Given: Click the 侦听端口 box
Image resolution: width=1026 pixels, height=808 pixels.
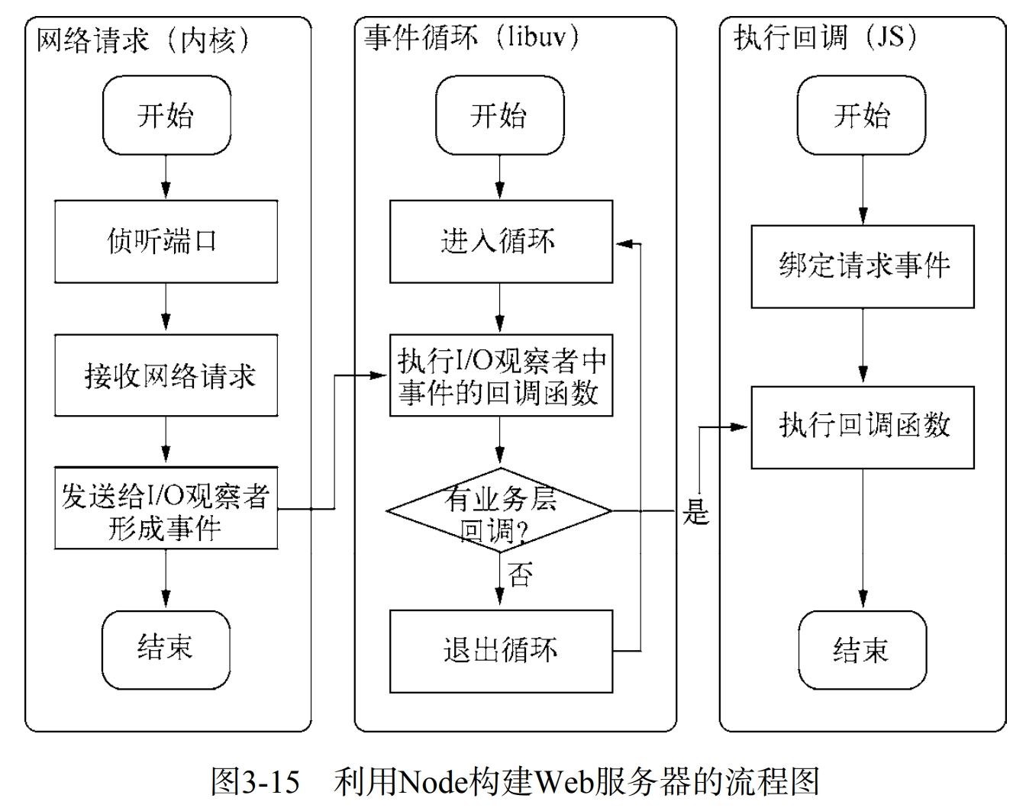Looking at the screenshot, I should [x=166, y=242].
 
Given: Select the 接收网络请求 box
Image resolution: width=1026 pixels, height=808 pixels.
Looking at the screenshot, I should [x=166, y=375].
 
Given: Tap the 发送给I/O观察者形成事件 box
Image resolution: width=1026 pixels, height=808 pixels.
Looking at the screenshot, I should [x=166, y=510].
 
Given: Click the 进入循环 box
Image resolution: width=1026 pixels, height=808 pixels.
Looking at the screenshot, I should [x=501, y=242].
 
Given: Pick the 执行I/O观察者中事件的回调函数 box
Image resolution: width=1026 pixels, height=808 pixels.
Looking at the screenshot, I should [x=501, y=376].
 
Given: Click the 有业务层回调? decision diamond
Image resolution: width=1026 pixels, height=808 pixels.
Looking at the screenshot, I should [x=500, y=510].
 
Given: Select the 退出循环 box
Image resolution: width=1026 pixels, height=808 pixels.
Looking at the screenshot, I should [x=501, y=651].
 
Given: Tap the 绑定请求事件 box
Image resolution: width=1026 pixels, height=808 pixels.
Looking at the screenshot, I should [x=863, y=266].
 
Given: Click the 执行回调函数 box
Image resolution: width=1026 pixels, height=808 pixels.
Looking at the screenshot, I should [x=863, y=427].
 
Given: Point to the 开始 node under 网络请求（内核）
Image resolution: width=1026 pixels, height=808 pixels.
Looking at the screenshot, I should [x=166, y=115].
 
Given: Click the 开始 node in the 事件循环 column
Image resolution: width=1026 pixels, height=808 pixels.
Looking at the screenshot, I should [x=500, y=115].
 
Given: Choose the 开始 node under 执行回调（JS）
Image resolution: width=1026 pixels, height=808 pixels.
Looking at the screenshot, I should [x=862, y=115].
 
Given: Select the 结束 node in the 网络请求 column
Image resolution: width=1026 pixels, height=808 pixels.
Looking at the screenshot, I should [x=166, y=649].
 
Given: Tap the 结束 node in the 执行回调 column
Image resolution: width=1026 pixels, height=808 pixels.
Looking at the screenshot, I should [x=862, y=651].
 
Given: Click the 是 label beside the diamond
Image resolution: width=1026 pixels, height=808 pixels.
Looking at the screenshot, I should [x=695, y=512].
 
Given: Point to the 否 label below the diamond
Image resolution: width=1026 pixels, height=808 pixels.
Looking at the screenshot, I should [x=520, y=575].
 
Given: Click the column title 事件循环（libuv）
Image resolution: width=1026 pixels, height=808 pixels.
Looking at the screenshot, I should [x=473, y=37].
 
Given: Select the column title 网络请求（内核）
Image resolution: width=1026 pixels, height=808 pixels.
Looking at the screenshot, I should [x=144, y=40].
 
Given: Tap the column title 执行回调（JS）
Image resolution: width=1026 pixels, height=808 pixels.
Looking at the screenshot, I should [x=826, y=37].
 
